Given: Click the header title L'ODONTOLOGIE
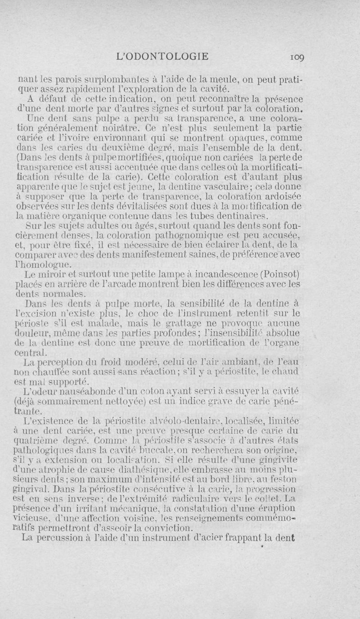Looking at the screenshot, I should pos(162,56).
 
